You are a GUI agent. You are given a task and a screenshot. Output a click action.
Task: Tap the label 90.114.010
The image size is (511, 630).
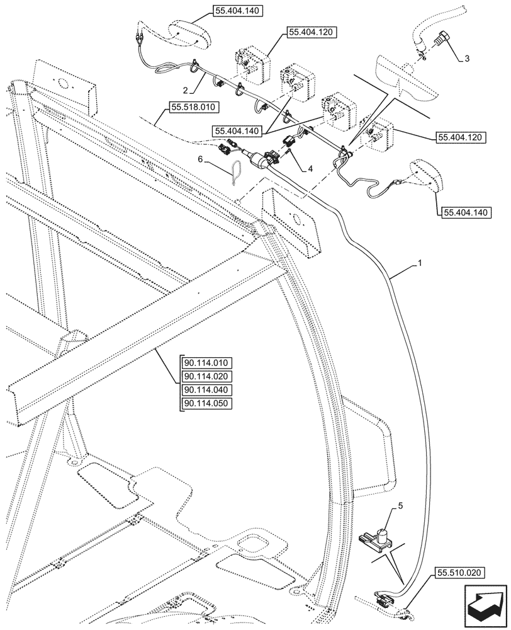tap(207, 363)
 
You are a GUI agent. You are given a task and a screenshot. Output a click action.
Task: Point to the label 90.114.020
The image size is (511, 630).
tap(207, 377)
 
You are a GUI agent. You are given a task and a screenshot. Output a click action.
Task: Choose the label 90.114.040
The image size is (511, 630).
tap(207, 391)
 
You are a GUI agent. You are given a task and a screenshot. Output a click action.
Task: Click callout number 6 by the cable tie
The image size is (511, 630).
tap(200, 160)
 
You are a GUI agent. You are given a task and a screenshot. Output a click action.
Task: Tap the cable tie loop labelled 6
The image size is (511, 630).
tap(237, 172)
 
